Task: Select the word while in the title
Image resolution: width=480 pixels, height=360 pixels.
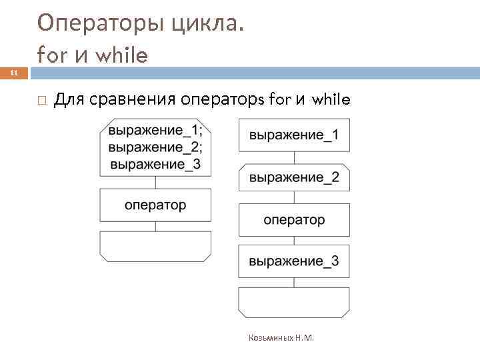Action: [121, 55]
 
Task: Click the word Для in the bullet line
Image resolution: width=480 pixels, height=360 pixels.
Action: [67, 101]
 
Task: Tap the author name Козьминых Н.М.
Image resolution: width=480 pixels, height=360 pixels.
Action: [281, 338]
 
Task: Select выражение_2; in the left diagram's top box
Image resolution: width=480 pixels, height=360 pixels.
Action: [155, 147]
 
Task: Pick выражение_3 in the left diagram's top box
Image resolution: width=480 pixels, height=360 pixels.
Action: [155, 163]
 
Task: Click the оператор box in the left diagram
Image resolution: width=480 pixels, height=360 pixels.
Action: [155, 205]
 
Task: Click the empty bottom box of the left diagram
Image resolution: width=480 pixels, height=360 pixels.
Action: [155, 246]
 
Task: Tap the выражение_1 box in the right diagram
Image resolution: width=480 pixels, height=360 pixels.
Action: [294, 135]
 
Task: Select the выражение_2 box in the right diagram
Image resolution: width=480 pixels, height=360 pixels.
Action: [294, 177]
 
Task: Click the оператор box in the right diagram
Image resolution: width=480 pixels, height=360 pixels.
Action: [294, 219]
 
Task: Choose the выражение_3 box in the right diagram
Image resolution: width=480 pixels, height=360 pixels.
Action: [294, 261]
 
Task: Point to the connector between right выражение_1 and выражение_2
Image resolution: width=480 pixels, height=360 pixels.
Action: [294, 157]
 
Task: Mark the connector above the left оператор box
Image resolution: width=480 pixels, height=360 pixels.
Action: [155, 182]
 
